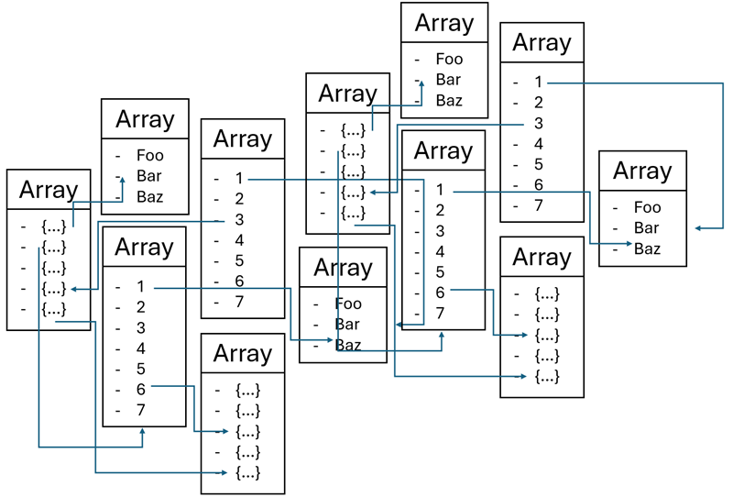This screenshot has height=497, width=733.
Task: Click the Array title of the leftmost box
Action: point(49,190)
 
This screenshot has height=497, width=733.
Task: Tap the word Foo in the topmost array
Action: point(449,60)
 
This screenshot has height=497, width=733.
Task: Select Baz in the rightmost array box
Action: point(647,248)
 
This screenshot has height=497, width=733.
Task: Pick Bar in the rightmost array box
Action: point(647,228)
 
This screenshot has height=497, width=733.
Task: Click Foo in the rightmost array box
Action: point(647,208)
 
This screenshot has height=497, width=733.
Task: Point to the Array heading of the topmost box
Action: point(444,23)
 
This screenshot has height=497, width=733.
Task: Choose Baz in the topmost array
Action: point(449,101)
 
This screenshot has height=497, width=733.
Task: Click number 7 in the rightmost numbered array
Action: point(539,205)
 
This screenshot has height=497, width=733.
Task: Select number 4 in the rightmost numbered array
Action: point(539,144)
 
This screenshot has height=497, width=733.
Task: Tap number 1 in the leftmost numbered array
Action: point(141,287)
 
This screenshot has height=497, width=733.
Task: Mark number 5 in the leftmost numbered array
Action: point(141,369)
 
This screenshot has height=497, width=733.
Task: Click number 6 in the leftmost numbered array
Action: point(141,389)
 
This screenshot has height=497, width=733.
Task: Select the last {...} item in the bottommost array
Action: point(247,472)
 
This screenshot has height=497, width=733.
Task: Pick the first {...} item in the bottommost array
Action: point(247,390)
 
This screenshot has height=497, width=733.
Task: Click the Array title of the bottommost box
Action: point(243,354)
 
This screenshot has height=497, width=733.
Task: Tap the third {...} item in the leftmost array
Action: point(53,268)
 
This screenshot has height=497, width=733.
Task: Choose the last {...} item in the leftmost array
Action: point(53,308)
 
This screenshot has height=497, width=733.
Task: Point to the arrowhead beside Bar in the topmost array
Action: point(421,83)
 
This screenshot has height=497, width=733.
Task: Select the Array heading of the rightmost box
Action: point(642,171)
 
